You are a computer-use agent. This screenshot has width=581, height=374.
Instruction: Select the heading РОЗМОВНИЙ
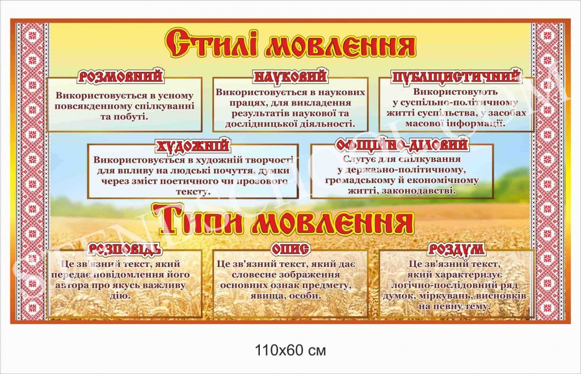click(x=121, y=76)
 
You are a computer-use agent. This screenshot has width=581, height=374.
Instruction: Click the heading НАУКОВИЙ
click(x=290, y=76)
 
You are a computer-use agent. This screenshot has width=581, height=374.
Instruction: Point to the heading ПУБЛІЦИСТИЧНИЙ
click(x=456, y=77)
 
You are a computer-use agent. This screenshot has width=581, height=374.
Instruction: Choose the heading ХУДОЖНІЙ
click(x=193, y=146)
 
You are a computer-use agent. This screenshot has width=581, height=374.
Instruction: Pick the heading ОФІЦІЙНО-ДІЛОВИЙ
click(x=402, y=144)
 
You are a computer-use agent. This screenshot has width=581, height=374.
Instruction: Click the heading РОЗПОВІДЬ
click(x=125, y=249)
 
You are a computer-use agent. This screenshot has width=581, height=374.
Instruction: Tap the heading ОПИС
click(x=290, y=249)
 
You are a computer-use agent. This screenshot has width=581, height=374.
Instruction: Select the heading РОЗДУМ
click(x=456, y=249)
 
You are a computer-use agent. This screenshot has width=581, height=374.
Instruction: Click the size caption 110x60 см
click(x=290, y=350)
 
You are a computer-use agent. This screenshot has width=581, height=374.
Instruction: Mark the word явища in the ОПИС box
click(x=267, y=296)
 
